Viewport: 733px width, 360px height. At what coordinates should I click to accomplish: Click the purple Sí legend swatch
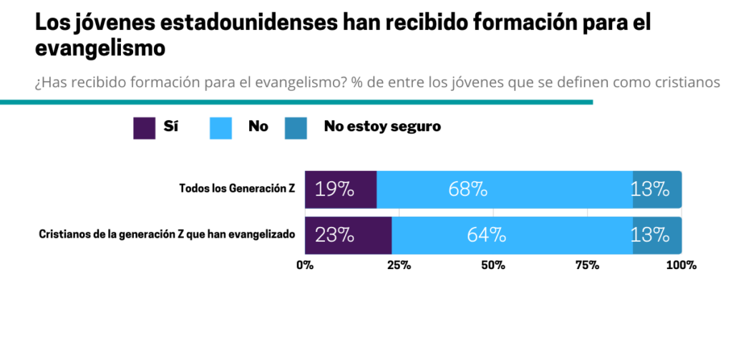coord(145,127)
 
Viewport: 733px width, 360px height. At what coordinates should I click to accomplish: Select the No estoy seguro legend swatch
coord(296,127)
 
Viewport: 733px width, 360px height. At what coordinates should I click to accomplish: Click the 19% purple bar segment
coord(341,190)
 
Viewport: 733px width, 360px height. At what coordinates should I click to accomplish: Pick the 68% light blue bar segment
coord(505,190)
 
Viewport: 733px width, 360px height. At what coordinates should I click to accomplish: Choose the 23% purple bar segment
coord(348,235)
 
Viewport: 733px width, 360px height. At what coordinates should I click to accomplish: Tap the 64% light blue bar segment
coord(512,235)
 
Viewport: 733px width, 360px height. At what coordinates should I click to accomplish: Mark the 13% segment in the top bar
coord(656,190)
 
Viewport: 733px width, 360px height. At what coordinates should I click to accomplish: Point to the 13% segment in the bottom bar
coord(656,235)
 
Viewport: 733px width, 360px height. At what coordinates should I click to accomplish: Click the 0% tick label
coord(305,266)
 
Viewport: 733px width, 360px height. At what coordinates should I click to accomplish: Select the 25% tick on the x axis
coord(399,266)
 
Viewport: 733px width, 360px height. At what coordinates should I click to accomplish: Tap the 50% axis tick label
coord(493,266)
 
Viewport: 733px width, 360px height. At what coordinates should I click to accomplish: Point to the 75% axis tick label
coord(587,266)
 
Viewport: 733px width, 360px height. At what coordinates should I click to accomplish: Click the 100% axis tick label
coord(681,266)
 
